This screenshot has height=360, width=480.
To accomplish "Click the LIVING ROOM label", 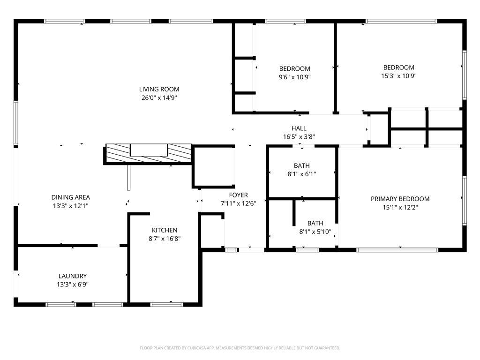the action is click(159, 89).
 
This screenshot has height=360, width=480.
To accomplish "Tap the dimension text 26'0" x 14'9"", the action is click(159, 97).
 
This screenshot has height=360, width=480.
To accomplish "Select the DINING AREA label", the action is click(71, 197).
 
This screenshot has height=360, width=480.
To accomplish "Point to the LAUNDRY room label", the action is click(73, 276).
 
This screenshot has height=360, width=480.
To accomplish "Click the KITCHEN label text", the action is click(165, 230).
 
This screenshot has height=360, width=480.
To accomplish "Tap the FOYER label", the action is click(239, 195).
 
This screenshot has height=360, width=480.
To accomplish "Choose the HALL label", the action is click(299, 128).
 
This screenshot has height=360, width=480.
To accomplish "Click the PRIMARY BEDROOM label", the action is click(400, 199).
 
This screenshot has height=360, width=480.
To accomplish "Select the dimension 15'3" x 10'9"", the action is click(399, 76).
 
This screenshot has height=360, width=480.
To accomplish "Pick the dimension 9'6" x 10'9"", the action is click(294, 77).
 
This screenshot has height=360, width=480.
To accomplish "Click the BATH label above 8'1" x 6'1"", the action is click(302, 165).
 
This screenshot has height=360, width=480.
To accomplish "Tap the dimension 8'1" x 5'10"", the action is click(315, 232).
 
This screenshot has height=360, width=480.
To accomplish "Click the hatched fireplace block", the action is click(149, 153).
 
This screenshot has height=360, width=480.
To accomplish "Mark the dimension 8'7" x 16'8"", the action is click(165, 239).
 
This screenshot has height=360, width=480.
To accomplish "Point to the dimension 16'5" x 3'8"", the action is click(299, 137).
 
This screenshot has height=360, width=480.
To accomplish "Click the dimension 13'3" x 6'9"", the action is click(73, 285).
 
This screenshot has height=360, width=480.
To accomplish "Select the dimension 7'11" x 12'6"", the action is click(239, 203).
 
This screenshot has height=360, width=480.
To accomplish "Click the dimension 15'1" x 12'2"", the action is click(400, 208).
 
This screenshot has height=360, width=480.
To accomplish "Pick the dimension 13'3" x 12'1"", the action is click(71, 206).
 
